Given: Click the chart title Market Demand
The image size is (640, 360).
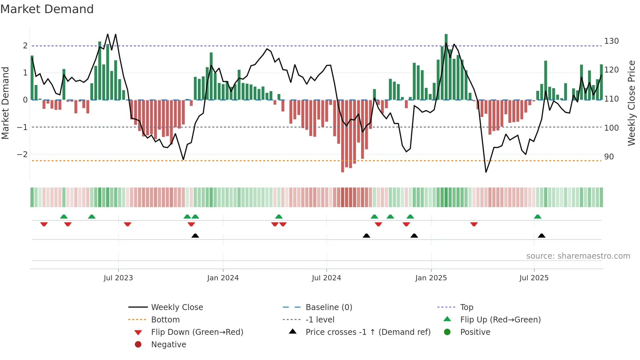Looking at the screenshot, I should point(47,9).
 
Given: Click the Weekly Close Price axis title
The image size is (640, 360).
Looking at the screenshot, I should point(632,103).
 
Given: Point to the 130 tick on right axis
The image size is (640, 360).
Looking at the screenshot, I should point(611,41).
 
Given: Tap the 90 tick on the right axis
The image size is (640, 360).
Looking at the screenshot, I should point(609,157).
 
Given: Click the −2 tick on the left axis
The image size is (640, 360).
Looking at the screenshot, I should point(22,154).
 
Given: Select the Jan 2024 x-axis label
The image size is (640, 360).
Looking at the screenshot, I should point(223,278).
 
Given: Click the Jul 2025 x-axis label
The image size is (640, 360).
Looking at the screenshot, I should point(534,278).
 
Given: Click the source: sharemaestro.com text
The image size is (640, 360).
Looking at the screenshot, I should point(578,256).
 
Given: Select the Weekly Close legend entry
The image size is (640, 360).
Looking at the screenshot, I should point(177,307).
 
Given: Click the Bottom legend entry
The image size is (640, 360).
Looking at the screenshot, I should point(165,320).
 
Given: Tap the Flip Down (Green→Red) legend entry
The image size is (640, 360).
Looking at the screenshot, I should point(197,332).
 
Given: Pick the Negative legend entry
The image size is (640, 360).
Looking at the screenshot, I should point(168,345).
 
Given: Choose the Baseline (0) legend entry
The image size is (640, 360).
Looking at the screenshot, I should point(328,307).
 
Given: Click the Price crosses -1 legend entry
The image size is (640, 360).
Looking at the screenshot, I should point(368,332).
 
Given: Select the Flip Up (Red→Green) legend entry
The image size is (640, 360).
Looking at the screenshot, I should point(500,320).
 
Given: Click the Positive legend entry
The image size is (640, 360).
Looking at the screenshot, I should point(475,332).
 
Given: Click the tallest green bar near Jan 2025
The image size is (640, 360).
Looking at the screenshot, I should point(446,67).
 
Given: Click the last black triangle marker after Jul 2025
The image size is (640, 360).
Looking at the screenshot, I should point(541,236).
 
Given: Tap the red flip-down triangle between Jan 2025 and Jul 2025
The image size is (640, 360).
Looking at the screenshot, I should point(474,224).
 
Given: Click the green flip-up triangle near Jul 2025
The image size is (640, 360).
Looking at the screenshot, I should point(537,217).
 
